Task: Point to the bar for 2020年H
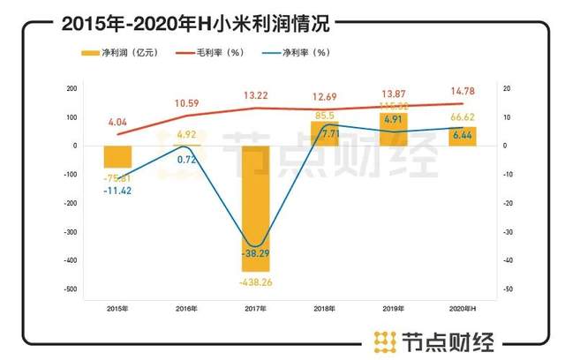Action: click(x=463, y=136)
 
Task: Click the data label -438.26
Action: click(x=256, y=281)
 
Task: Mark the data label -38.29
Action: click(x=256, y=252)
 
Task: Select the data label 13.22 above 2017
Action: click(x=256, y=94)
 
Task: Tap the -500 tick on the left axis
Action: click(x=71, y=289)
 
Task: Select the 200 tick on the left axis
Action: click(x=72, y=89)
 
